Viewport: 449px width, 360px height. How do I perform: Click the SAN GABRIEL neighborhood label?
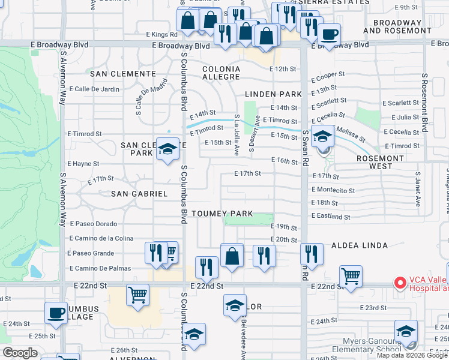tap(139, 194)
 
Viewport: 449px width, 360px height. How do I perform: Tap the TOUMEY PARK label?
tap(222, 214)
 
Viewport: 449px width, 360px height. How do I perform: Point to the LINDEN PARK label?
tap(273, 94)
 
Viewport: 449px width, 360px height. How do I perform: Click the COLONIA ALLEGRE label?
tap(221, 73)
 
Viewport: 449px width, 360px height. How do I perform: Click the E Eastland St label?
tap(331, 217)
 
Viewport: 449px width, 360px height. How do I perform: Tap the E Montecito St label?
tap(333, 190)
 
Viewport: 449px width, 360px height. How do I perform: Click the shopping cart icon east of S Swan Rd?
tap(351, 276)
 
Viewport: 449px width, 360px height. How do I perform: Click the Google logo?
tap(20, 353)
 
